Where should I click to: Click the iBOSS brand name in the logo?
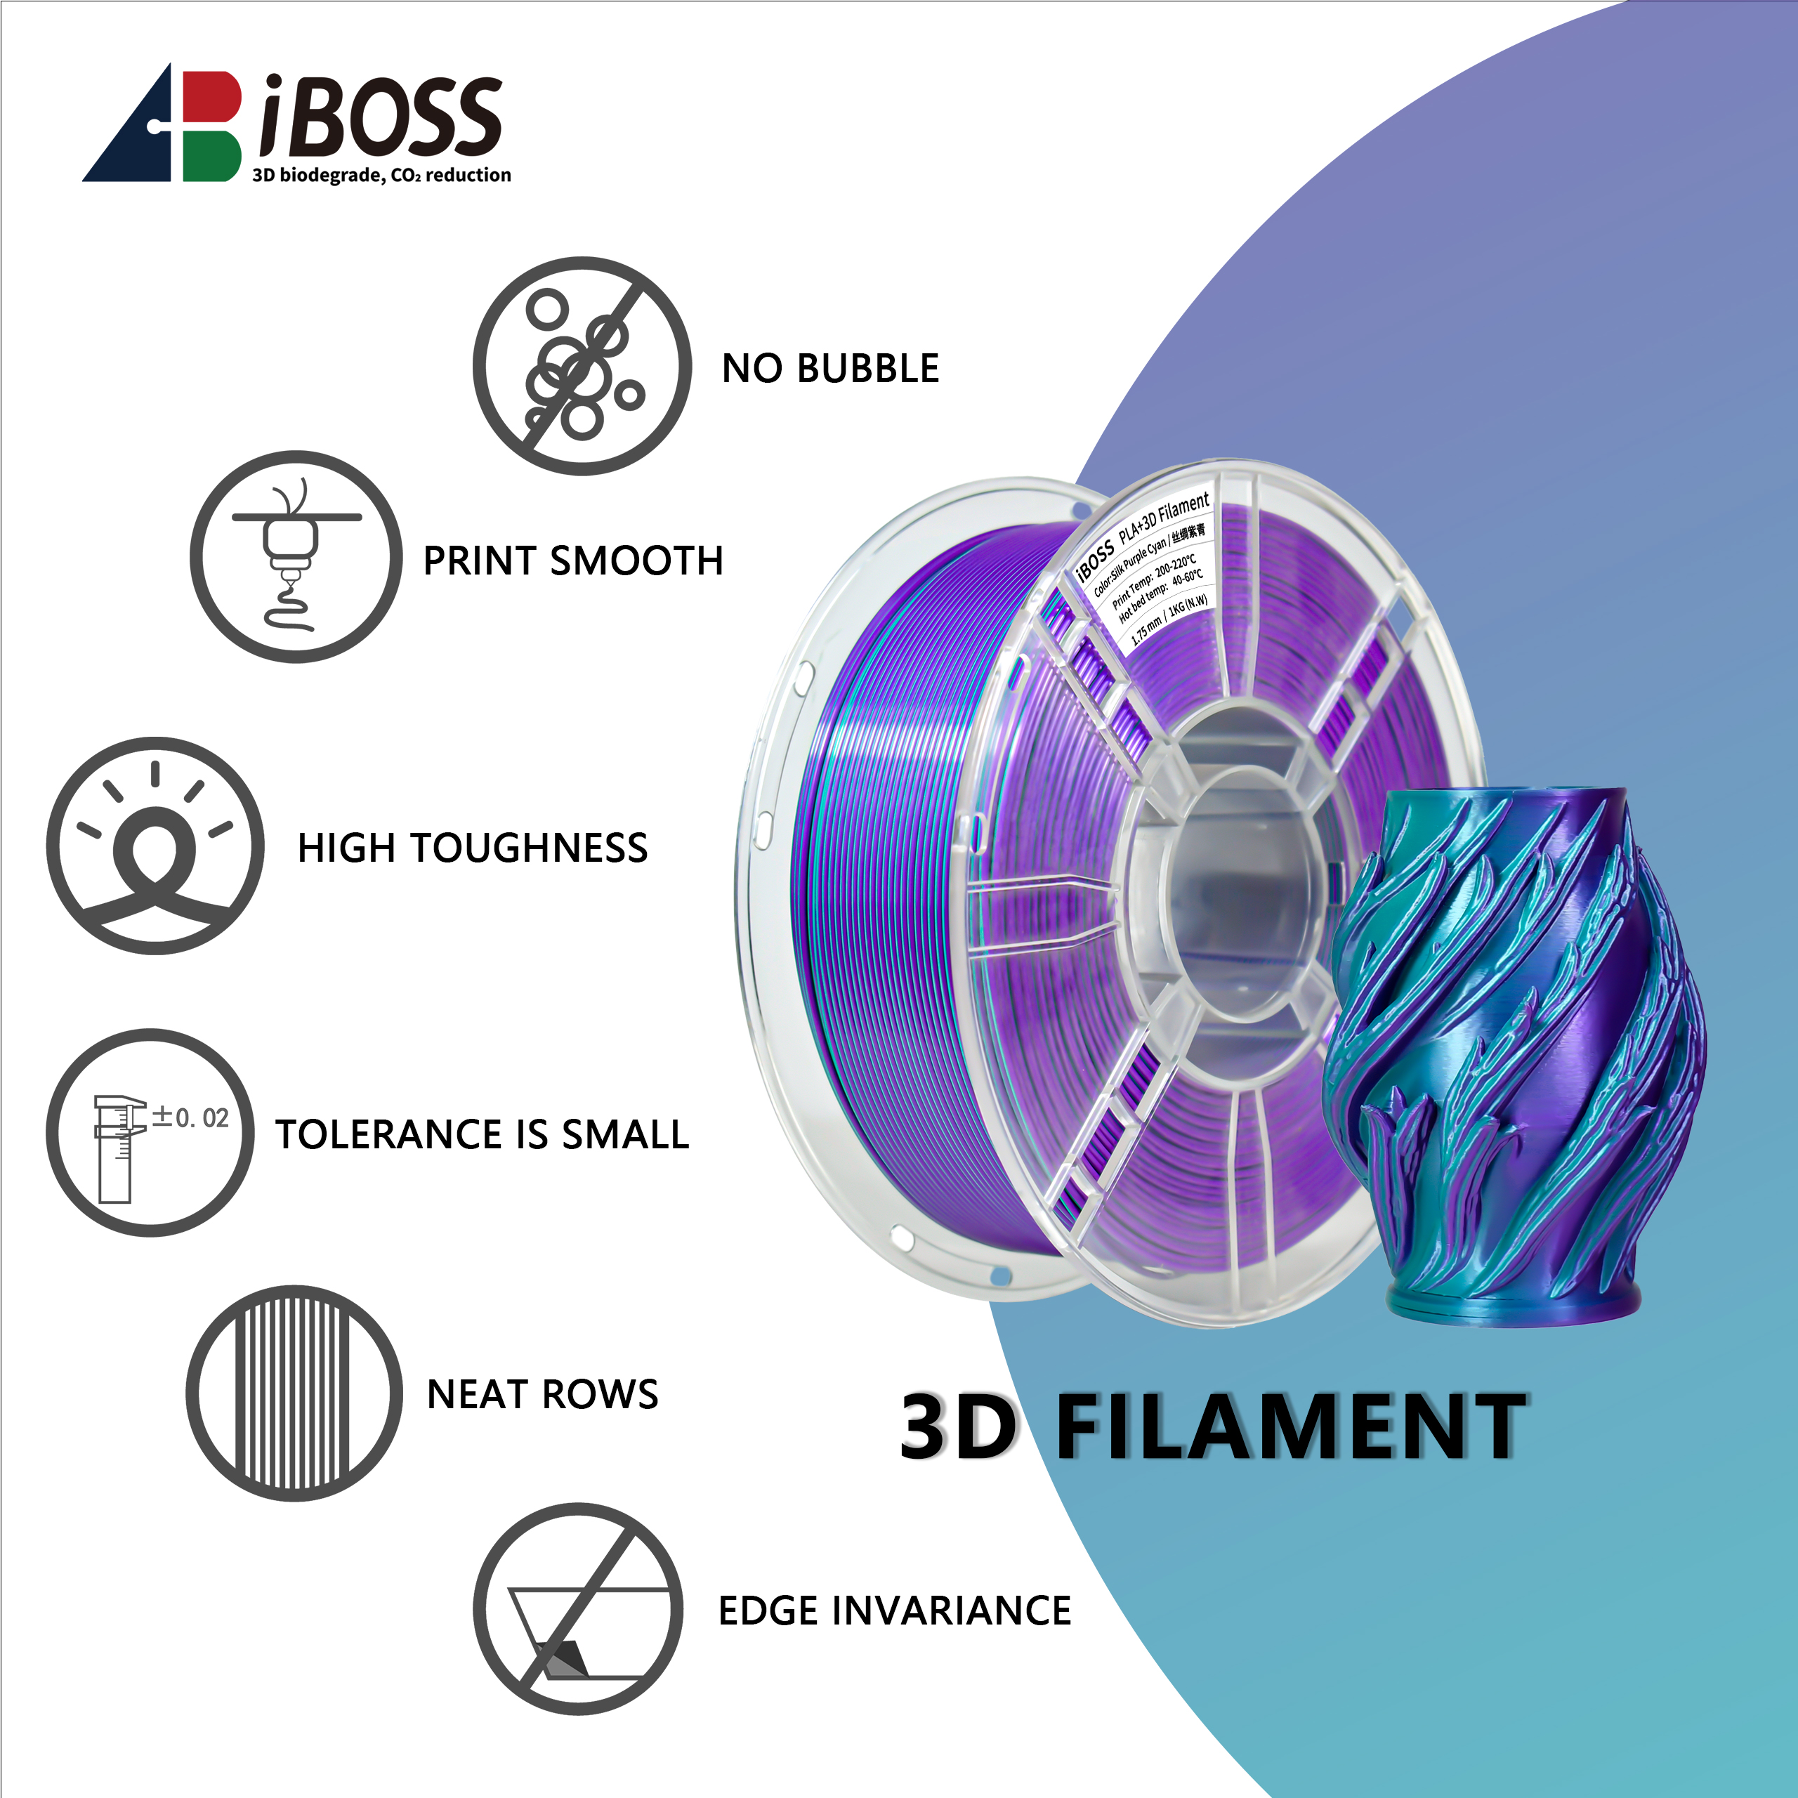click(381, 117)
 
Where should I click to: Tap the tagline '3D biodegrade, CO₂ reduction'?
click(381, 175)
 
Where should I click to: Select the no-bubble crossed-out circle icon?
click(582, 366)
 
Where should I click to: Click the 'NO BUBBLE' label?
click(830, 369)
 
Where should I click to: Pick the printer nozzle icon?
click(296, 556)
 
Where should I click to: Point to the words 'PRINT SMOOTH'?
click(573, 561)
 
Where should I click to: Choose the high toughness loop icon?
click(155, 845)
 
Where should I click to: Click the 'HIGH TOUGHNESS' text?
click(473, 848)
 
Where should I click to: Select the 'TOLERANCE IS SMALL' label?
click(482, 1134)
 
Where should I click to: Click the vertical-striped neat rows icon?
click(294, 1393)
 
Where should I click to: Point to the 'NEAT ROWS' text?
click(543, 1394)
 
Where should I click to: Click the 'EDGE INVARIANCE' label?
click(894, 1611)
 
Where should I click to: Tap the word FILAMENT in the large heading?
click(1290, 1426)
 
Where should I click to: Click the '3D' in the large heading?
click(959, 1426)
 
